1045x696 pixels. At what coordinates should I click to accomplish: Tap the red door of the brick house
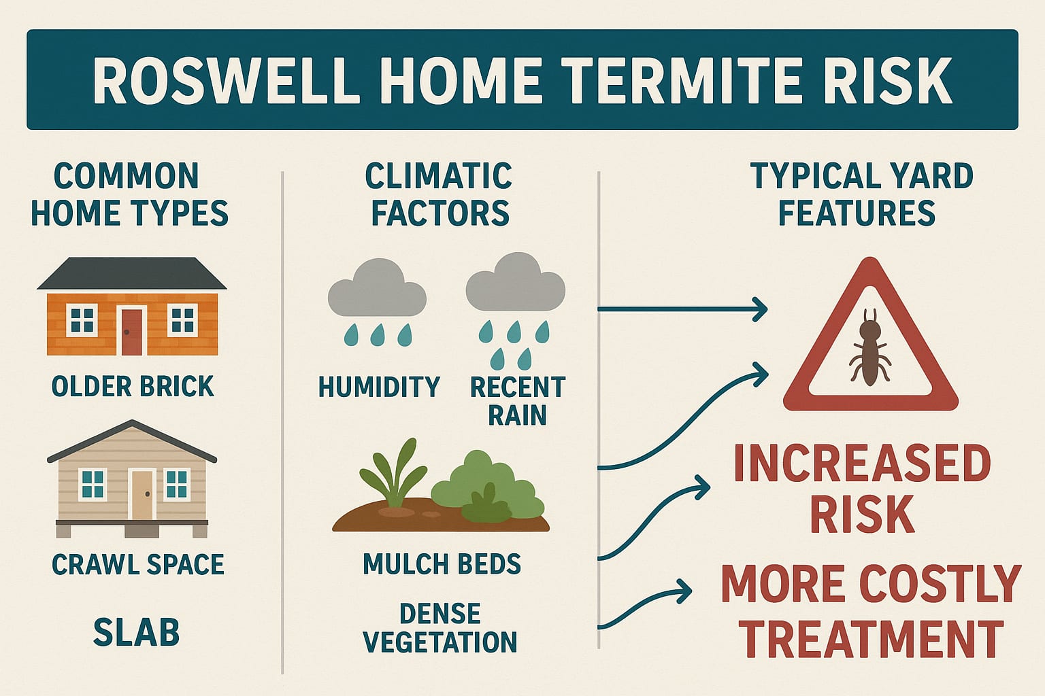coord(131,331)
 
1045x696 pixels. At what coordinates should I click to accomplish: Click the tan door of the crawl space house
coord(142,494)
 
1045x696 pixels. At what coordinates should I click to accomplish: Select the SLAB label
coord(136,632)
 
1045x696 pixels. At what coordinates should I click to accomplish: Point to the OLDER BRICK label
coord(133,386)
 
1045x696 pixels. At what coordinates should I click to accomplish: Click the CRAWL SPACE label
coord(137,564)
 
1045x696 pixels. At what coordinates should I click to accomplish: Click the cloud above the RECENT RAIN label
coord(516,283)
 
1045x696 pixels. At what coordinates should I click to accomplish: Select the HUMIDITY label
coord(379,387)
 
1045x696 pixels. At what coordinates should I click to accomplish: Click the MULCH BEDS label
coord(442,564)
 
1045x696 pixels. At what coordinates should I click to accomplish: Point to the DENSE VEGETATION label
coord(440,628)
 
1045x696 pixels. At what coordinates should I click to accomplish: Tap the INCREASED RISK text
coord(862,488)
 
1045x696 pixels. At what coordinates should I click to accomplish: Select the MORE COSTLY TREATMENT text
coord(871,610)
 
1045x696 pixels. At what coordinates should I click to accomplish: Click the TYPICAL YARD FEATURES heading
coord(861,194)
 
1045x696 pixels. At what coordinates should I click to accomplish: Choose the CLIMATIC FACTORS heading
coord(439,194)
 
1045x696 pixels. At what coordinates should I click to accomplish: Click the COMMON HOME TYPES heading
coord(129,194)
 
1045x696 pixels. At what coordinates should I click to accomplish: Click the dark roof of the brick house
coord(131,274)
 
